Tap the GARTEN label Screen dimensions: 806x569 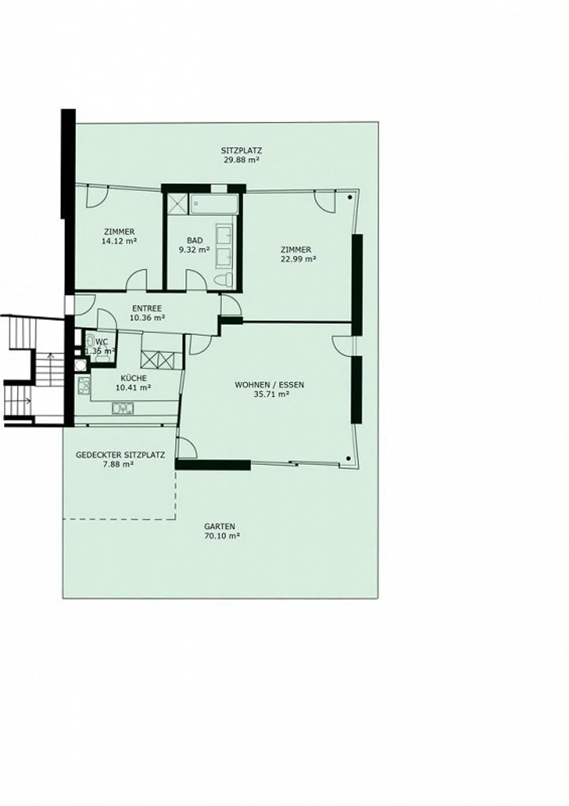tap(220, 527)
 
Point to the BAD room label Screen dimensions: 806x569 tap(195, 240)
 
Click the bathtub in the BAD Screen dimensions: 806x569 tap(213, 204)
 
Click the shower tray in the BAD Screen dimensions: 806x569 tap(177, 204)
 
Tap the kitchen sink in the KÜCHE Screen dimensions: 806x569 tap(123, 408)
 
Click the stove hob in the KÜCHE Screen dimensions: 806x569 tap(84, 386)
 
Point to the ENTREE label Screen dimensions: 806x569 tap(147, 308)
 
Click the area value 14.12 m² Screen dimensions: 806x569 tap(119, 241)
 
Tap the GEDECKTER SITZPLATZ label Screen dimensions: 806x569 tap(120, 455)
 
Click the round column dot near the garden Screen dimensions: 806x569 tap(349, 459)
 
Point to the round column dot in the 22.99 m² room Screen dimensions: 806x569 tap(350, 197)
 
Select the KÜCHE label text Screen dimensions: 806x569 tap(134, 378)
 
